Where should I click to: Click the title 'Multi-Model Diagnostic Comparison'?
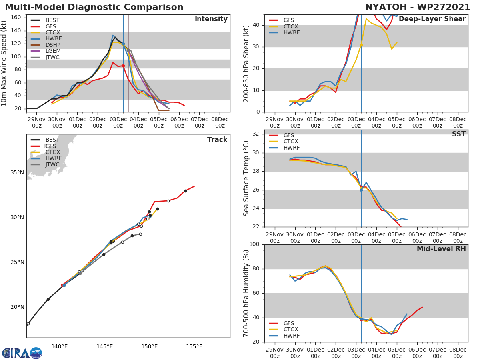click(x=94, y=7)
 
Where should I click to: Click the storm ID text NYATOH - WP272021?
click(x=418, y=7)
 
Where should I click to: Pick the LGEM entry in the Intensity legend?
click(x=53, y=51)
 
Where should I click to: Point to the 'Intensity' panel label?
click(x=211, y=19)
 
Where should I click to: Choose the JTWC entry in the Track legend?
click(x=52, y=164)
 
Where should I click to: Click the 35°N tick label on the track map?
click(x=17, y=173)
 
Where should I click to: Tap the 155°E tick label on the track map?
click(x=194, y=346)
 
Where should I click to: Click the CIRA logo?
click(x=22, y=353)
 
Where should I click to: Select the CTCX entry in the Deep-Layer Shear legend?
click(x=290, y=26)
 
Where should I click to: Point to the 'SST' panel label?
click(x=458, y=134)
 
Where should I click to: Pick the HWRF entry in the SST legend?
click(x=291, y=148)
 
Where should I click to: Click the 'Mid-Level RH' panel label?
click(x=441, y=249)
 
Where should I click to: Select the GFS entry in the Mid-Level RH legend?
click(x=288, y=323)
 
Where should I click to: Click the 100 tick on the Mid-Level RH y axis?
click(x=255, y=244)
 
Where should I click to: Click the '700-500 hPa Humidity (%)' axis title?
click(x=246, y=293)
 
